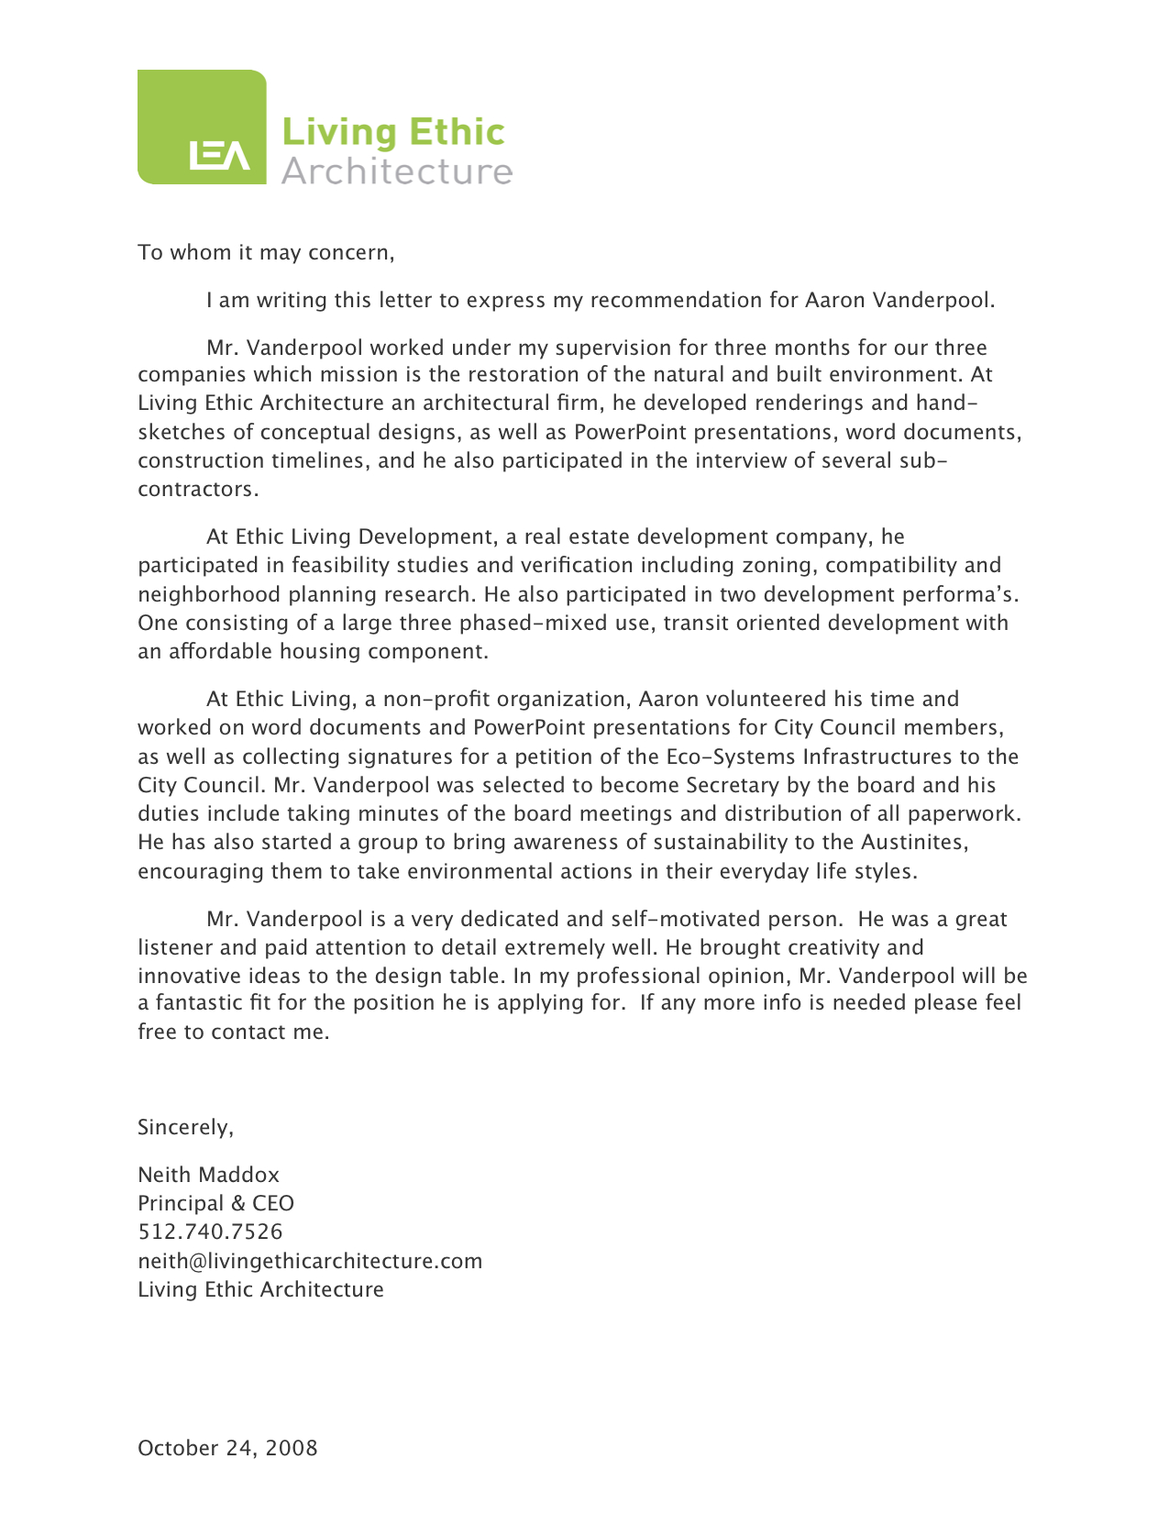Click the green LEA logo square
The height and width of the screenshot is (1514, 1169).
[x=202, y=127]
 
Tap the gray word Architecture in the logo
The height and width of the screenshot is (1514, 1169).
[x=396, y=171]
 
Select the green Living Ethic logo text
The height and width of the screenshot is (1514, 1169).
[x=392, y=132]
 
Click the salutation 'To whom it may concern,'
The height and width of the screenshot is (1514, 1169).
[x=266, y=252]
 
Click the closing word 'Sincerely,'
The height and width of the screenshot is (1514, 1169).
[x=186, y=1127]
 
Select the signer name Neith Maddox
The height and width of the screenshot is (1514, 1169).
[x=208, y=1175]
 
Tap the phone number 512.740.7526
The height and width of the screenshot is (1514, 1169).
[x=210, y=1232]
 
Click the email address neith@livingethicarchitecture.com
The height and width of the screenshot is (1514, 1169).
[x=310, y=1261]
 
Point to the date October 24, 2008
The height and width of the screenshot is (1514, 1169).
[x=227, y=1448]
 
